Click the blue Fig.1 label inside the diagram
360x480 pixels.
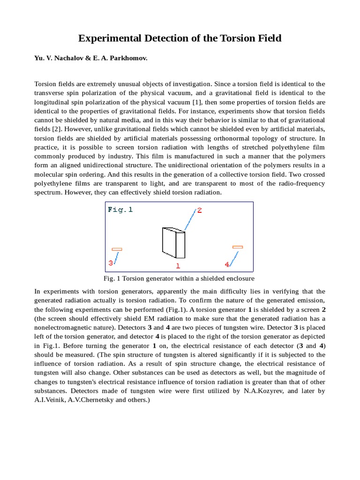pyautogui.click(x=120, y=210)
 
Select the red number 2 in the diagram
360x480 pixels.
pyautogui.click(x=199, y=210)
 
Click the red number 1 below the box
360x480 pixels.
pyautogui.click(x=178, y=266)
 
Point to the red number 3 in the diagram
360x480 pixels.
pyautogui.click(x=111, y=263)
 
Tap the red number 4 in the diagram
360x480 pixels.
pyautogui.click(x=227, y=264)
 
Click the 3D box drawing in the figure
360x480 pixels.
pyautogui.click(x=173, y=242)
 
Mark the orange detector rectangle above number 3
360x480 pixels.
pyautogui.click(x=117, y=249)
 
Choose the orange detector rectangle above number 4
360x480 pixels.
pyautogui.click(x=238, y=247)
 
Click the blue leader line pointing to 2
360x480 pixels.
pyautogui.click(x=190, y=220)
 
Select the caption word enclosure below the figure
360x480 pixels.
pyautogui.click(x=238, y=279)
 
